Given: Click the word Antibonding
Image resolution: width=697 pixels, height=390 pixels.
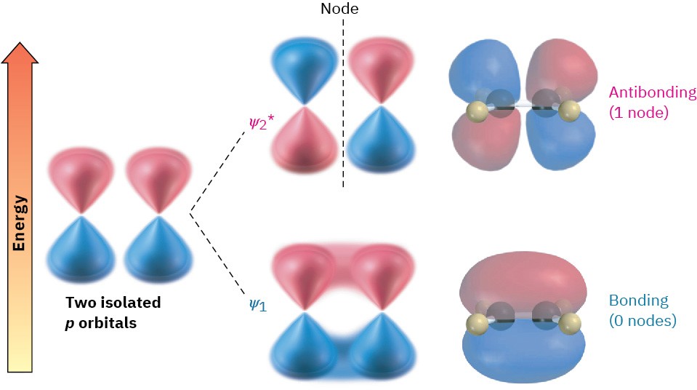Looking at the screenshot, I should click(x=653, y=93).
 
